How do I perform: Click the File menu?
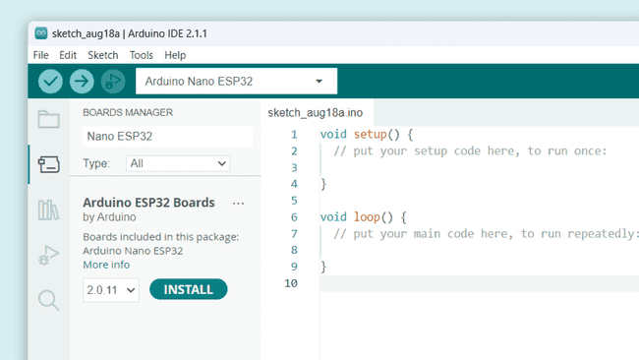pos(40,55)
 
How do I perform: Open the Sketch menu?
pos(102,55)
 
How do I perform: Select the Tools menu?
pos(141,55)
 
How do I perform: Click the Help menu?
pos(175,55)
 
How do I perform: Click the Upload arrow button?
pos(82,82)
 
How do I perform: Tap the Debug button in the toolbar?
pos(113,82)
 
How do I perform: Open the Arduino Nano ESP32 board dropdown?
pos(236,81)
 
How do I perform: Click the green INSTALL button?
pos(188,289)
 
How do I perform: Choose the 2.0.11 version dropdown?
pos(110,289)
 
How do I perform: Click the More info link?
pos(106,265)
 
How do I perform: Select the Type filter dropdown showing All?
pos(178,163)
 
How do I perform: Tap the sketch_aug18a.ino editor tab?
pos(315,113)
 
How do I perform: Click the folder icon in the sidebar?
pos(48,120)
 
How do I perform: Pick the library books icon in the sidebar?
pos(48,210)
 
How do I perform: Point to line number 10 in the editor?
pos(290,283)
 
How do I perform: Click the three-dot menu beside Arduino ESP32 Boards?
pos(238,203)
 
